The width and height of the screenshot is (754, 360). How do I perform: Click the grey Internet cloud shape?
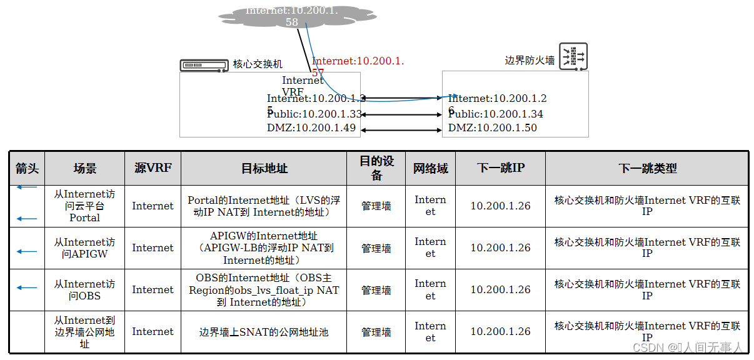(x=294, y=17)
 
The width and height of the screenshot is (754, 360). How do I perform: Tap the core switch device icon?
(x=204, y=64)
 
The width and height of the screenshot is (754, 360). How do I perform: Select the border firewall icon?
(x=573, y=56)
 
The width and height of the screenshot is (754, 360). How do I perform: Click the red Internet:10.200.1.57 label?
(x=358, y=62)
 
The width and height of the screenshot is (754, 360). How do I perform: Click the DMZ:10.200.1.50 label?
(x=492, y=128)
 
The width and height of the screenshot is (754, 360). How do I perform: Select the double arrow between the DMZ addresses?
(x=401, y=129)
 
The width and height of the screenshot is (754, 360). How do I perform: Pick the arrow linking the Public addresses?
(x=401, y=115)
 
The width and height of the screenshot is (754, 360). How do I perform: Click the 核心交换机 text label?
(x=258, y=64)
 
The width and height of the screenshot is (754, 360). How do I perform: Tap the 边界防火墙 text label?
(x=530, y=61)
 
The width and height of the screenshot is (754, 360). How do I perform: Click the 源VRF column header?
(x=153, y=168)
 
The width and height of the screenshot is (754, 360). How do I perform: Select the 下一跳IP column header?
(x=500, y=168)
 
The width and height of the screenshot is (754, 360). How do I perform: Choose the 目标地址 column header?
(x=264, y=169)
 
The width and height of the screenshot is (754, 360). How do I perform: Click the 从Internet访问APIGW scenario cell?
(x=84, y=248)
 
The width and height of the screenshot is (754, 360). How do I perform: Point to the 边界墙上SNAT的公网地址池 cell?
(x=264, y=332)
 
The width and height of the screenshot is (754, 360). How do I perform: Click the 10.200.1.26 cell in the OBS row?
(x=500, y=290)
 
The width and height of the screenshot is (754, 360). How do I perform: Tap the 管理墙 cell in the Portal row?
(x=376, y=206)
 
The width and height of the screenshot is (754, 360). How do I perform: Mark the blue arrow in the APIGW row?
(x=27, y=251)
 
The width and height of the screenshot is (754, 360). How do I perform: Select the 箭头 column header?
(x=27, y=169)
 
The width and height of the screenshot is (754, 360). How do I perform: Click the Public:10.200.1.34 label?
(x=496, y=114)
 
